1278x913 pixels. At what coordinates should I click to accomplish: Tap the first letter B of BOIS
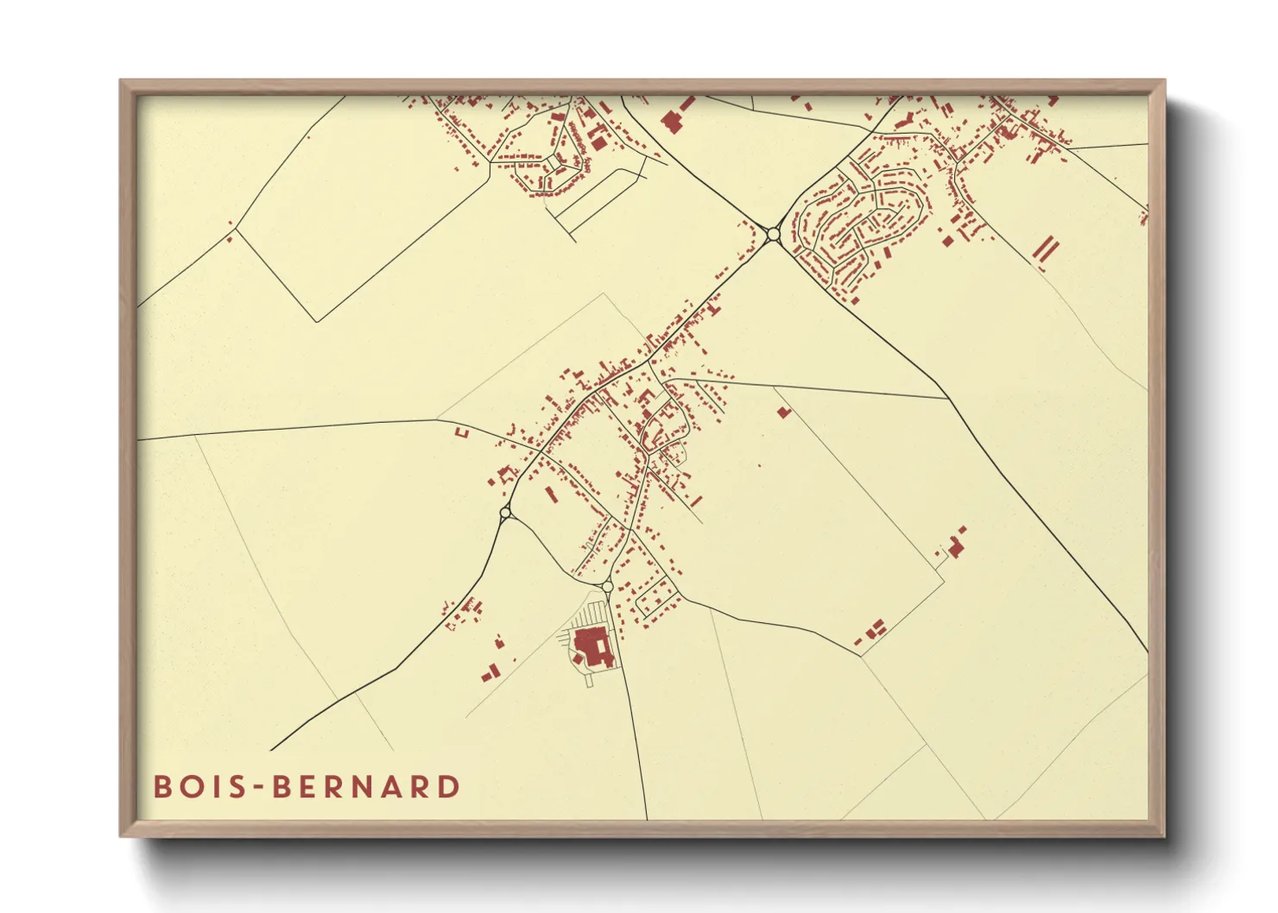point(162,787)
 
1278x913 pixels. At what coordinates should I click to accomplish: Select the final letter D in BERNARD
point(448,787)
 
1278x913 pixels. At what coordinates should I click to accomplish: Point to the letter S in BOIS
point(233,787)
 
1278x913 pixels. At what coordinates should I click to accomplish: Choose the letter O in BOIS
point(191,787)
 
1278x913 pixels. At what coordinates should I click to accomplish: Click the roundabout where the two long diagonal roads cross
point(772,233)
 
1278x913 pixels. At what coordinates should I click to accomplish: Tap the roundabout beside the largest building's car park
point(607,587)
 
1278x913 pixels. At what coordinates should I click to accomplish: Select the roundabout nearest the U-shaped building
point(505,513)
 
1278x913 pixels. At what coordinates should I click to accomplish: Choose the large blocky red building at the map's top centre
point(670,122)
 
